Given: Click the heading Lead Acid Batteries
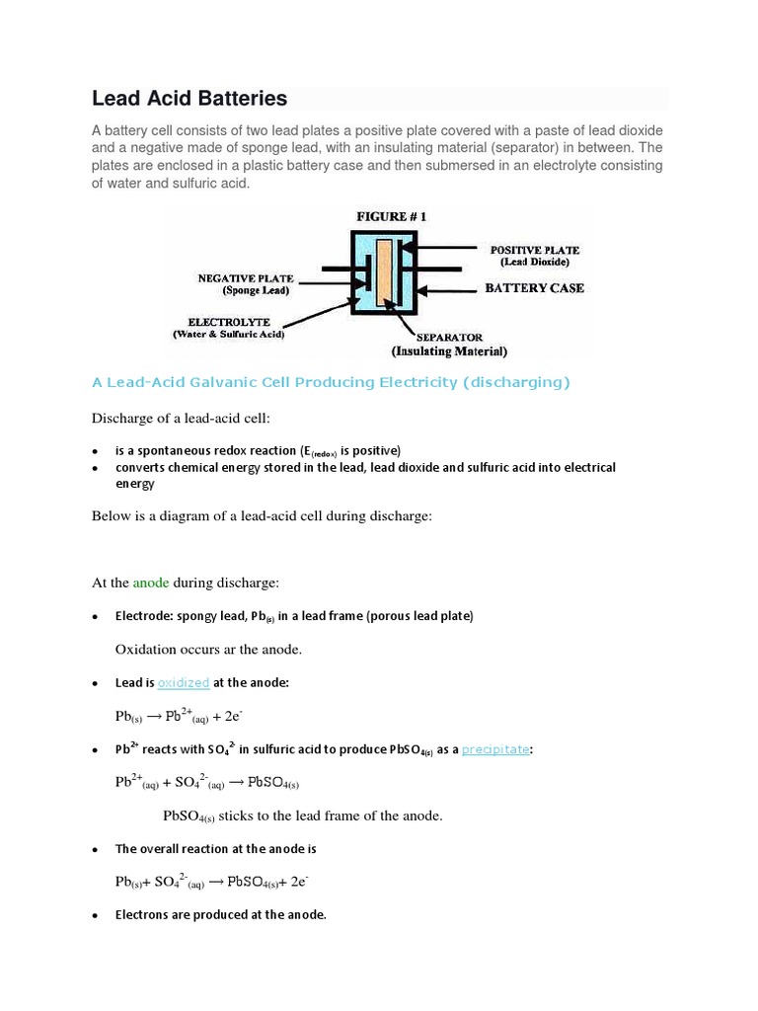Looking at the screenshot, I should pyautogui.click(x=189, y=98).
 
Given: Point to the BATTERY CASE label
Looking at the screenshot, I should pyautogui.click(x=533, y=288).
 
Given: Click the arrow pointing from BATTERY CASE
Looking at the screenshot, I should pyautogui.click(x=449, y=288).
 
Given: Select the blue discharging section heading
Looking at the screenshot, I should pyautogui.click(x=331, y=382).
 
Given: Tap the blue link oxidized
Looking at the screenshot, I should pyautogui.click(x=183, y=682).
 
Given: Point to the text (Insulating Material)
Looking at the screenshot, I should pyautogui.click(x=449, y=351).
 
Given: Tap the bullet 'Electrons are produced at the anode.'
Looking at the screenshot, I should pyautogui.click(x=220, y=915).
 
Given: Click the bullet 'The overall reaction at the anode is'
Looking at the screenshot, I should pyautogui.click(x=215, y=848).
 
